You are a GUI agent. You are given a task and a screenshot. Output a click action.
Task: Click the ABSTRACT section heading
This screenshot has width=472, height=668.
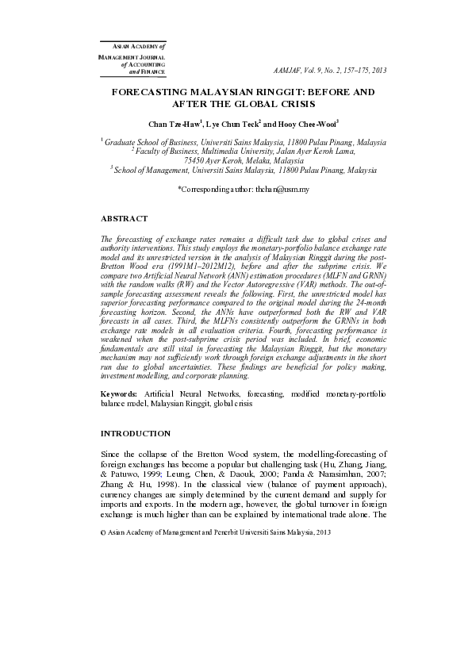coord(124,218)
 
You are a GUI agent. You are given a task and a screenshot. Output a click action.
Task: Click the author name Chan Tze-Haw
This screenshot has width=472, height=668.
coord(175,124)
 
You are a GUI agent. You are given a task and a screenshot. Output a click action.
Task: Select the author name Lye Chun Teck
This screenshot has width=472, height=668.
coord(233,124)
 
